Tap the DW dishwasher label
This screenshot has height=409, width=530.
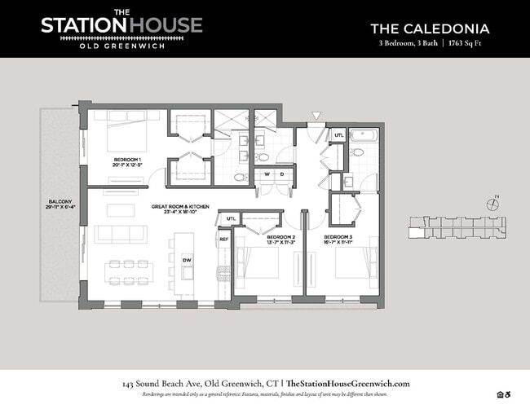[187, 260]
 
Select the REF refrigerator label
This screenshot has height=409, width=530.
[223, 240]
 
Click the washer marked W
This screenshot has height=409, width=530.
[265, 173]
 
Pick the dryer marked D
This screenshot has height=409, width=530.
[281, 173]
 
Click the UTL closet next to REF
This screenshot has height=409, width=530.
[231, 218]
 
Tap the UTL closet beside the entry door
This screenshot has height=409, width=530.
[338, 134]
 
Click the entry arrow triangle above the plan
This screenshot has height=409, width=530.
[316, 117]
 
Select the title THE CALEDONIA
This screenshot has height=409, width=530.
[429, 29]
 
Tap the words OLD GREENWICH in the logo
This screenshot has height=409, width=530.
[121, 45]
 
